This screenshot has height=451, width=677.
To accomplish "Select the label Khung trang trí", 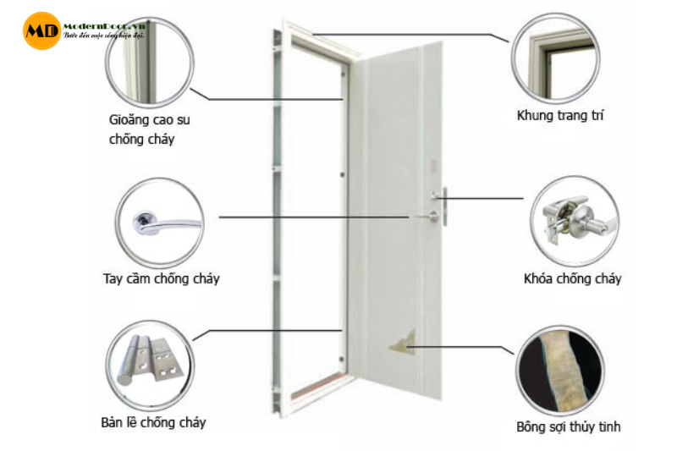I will click(x=559, y=114).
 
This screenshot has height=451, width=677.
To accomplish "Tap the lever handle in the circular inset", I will click(x=159, y=224).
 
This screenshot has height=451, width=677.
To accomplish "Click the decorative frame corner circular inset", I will click(x=554, y=56).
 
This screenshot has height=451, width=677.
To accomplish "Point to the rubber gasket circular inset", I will click(x=151, y=58).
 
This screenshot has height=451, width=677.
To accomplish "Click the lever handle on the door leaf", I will click(x=427, y=217).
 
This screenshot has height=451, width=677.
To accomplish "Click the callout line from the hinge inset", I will click(x=271, y=330).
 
